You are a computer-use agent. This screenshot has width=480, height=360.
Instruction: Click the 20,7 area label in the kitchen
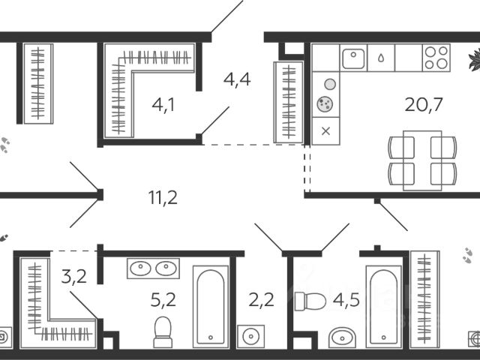point(424,104)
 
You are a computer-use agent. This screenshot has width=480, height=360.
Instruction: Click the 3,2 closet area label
point(73,277)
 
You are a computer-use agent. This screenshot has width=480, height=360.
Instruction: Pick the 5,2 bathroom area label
point(163,300)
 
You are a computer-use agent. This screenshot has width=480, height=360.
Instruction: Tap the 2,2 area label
point(260,300)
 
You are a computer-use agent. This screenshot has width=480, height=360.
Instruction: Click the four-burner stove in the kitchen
point(436,58)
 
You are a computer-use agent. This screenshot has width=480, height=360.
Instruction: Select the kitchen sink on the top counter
point(352,58)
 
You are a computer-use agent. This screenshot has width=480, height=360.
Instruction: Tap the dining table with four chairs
point(421,160)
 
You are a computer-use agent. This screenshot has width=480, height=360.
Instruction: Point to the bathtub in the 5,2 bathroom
point(210,306)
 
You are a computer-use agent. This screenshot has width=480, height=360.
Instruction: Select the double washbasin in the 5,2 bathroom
point(153,268)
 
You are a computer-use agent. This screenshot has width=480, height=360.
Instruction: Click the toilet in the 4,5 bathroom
point(310,301)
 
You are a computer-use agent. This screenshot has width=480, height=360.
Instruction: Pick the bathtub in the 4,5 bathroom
point(383,306)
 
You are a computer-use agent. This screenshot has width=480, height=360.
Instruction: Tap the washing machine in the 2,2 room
point(250,337)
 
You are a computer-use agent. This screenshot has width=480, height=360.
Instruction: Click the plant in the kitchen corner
point(473,57)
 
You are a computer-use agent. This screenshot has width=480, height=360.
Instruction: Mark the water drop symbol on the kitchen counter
point(382,58)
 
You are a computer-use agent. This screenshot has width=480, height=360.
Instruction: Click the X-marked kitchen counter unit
point(325,132)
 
